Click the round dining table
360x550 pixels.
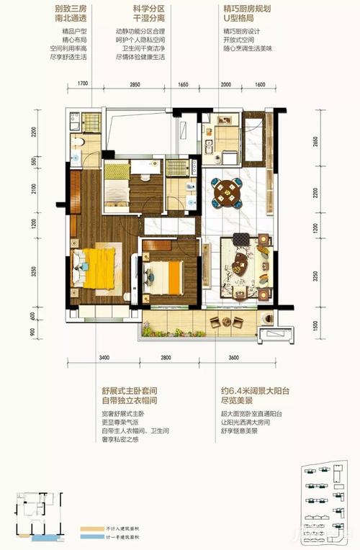[x=227, y=191]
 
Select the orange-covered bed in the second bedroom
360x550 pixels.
[x=173, y=275]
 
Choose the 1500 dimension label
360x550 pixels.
[x=315, y=325]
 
